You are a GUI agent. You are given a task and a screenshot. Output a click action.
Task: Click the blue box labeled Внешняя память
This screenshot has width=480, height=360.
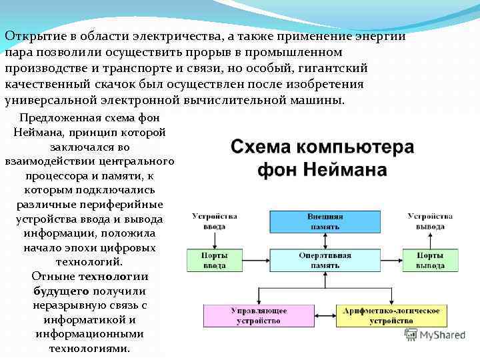(325, 221)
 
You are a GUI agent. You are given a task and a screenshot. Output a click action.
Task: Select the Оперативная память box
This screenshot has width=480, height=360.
(325, 260)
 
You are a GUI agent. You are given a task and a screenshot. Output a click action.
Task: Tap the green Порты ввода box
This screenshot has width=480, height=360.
(214, 260)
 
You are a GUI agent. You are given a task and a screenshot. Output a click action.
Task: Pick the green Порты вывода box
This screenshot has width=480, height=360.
(430, 260)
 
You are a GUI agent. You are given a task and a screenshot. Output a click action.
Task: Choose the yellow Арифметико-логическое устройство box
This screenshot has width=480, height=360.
(391, 315)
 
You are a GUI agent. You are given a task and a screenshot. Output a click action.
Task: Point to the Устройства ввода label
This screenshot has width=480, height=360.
(215, 221)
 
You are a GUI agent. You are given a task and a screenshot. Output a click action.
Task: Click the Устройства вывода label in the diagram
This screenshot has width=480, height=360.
(431, 221)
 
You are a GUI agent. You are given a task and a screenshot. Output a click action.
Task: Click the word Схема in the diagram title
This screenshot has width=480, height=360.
(263, 147)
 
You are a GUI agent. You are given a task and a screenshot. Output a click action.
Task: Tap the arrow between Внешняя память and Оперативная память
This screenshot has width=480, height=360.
(325, 240)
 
